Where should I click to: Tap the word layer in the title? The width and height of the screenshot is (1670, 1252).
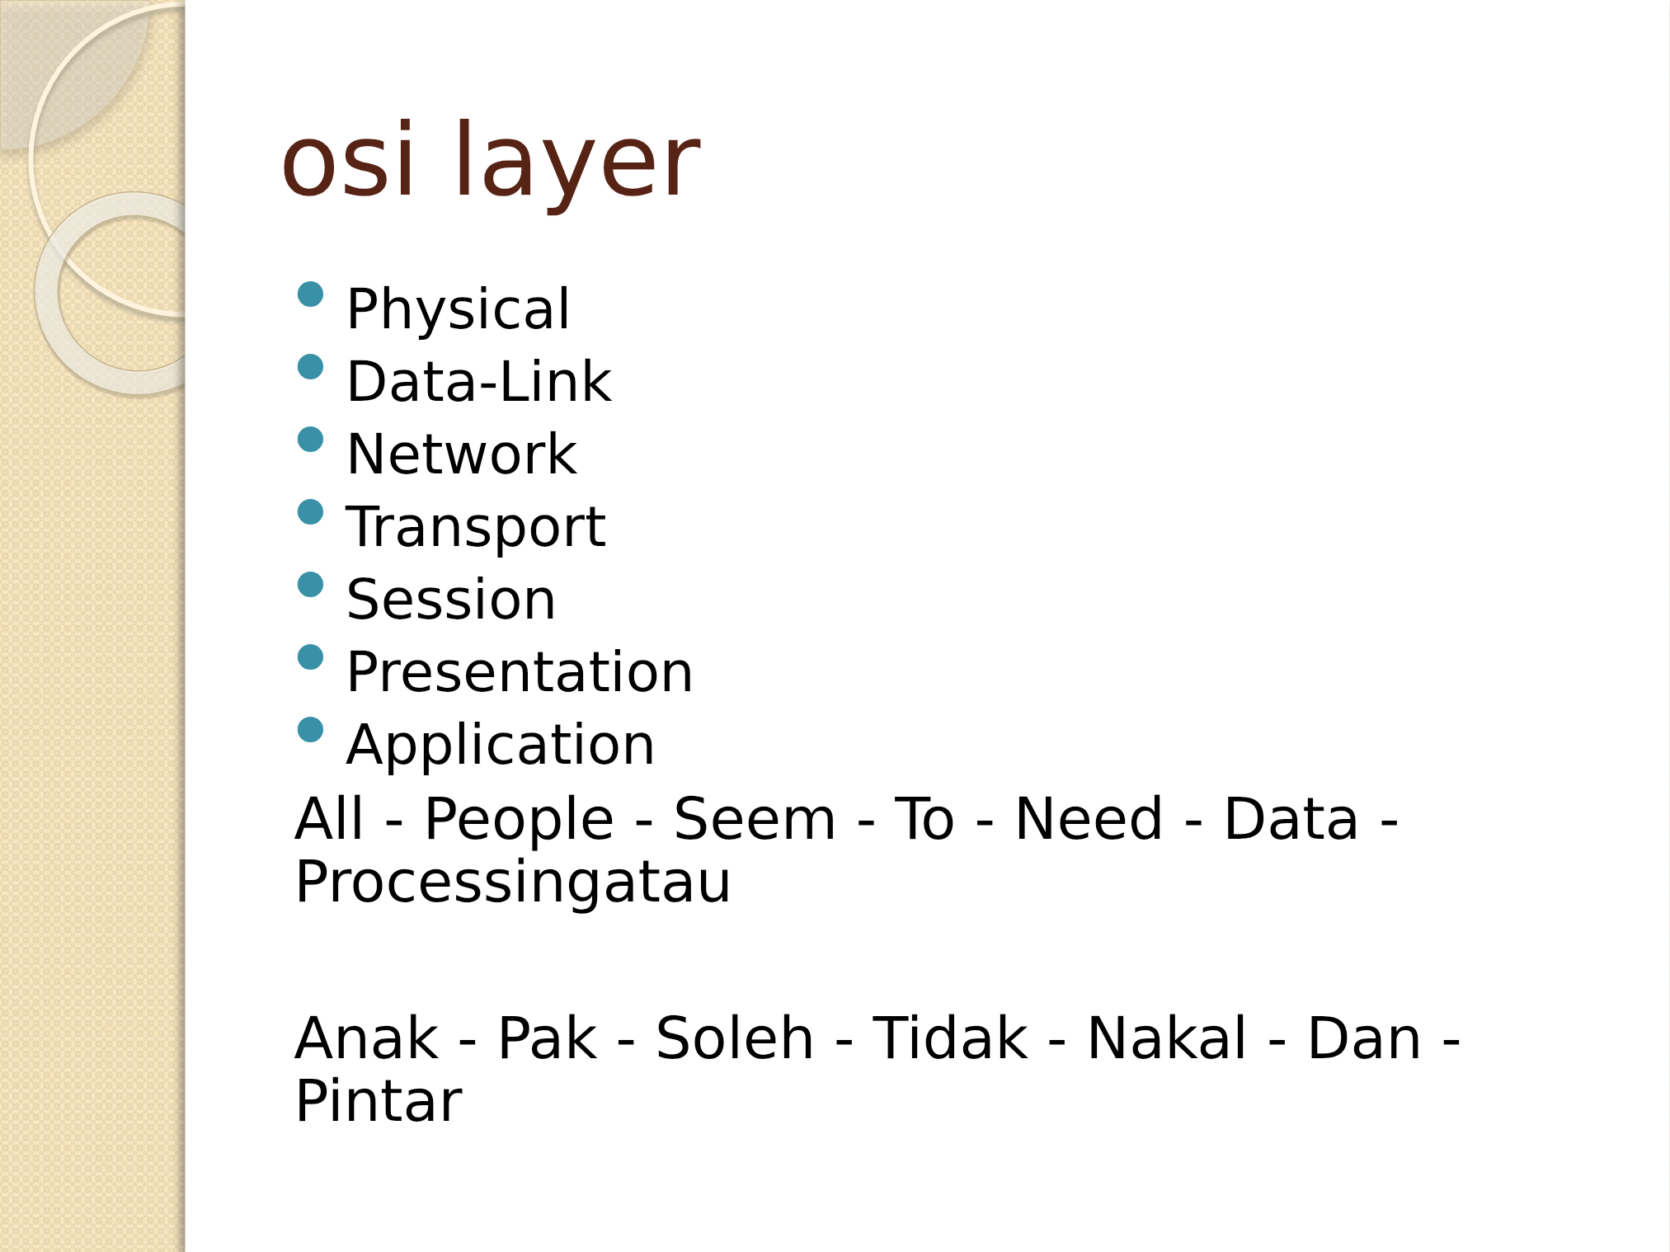click(576, 165)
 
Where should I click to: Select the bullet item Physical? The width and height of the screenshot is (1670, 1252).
click(458, 310)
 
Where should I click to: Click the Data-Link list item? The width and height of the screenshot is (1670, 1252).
click(479, 381)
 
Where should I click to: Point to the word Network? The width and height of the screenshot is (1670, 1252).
click(462, 454)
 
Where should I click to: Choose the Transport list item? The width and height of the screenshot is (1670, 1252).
click(476, 528)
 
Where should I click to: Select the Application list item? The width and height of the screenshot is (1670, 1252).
click(501, 746)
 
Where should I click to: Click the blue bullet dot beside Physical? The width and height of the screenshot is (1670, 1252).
click(310, 294)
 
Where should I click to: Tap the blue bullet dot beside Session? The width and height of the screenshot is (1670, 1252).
click(310, 585)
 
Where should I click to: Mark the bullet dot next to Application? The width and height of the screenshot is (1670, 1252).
click(310, 730)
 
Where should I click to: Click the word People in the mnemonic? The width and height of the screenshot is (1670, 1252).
click(519, 821)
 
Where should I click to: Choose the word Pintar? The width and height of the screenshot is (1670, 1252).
click(379, 1101)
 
